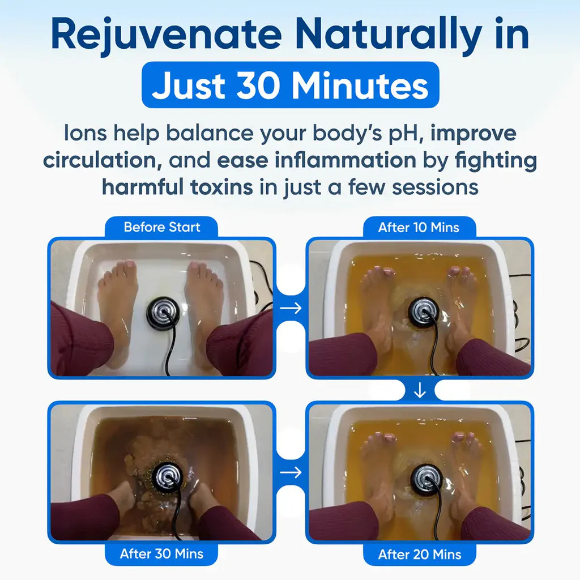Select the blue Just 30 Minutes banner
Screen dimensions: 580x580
[x=290, y=85]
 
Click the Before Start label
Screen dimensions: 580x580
[x=161, y=228]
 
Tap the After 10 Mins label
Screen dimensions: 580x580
[x=419, y=228]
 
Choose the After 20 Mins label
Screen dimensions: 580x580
[x=419, y=554]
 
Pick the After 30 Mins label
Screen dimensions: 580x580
[x=161, y=554]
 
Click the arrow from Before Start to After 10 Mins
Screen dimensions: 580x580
[x=291, y=308]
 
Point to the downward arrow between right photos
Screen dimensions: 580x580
[x=419, y=391]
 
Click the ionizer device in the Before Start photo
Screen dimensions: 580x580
[x=163, y=312]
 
